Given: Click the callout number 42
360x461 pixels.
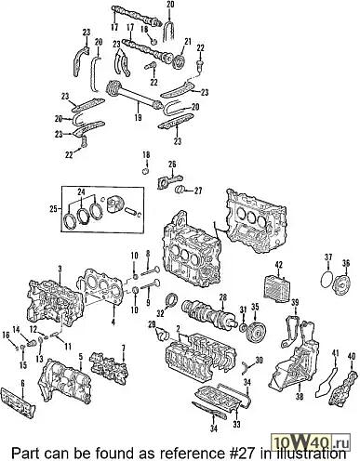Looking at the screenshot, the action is tap(279, 265).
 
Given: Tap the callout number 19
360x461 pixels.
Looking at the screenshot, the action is tap(138, 117).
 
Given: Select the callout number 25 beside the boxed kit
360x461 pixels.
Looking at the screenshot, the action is tap(53, 209).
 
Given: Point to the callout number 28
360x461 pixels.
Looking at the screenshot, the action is tap(222, 298).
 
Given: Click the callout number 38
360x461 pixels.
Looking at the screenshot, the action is tap(300, 396).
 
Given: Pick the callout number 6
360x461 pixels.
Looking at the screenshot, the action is tap(22, 383).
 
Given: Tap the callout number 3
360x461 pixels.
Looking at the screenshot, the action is tap(60, 269).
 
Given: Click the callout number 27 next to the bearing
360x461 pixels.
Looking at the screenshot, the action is tap(198, 191).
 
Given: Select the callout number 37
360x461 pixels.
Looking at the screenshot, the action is tap(328, 257).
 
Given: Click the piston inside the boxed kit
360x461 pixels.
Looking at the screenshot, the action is tap(114, 205).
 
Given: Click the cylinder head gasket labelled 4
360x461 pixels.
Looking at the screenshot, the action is tap(101, 286).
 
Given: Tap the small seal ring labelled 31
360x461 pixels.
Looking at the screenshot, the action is tap(243, 327).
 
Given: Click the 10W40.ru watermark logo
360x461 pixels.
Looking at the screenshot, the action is tap(311, 441).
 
